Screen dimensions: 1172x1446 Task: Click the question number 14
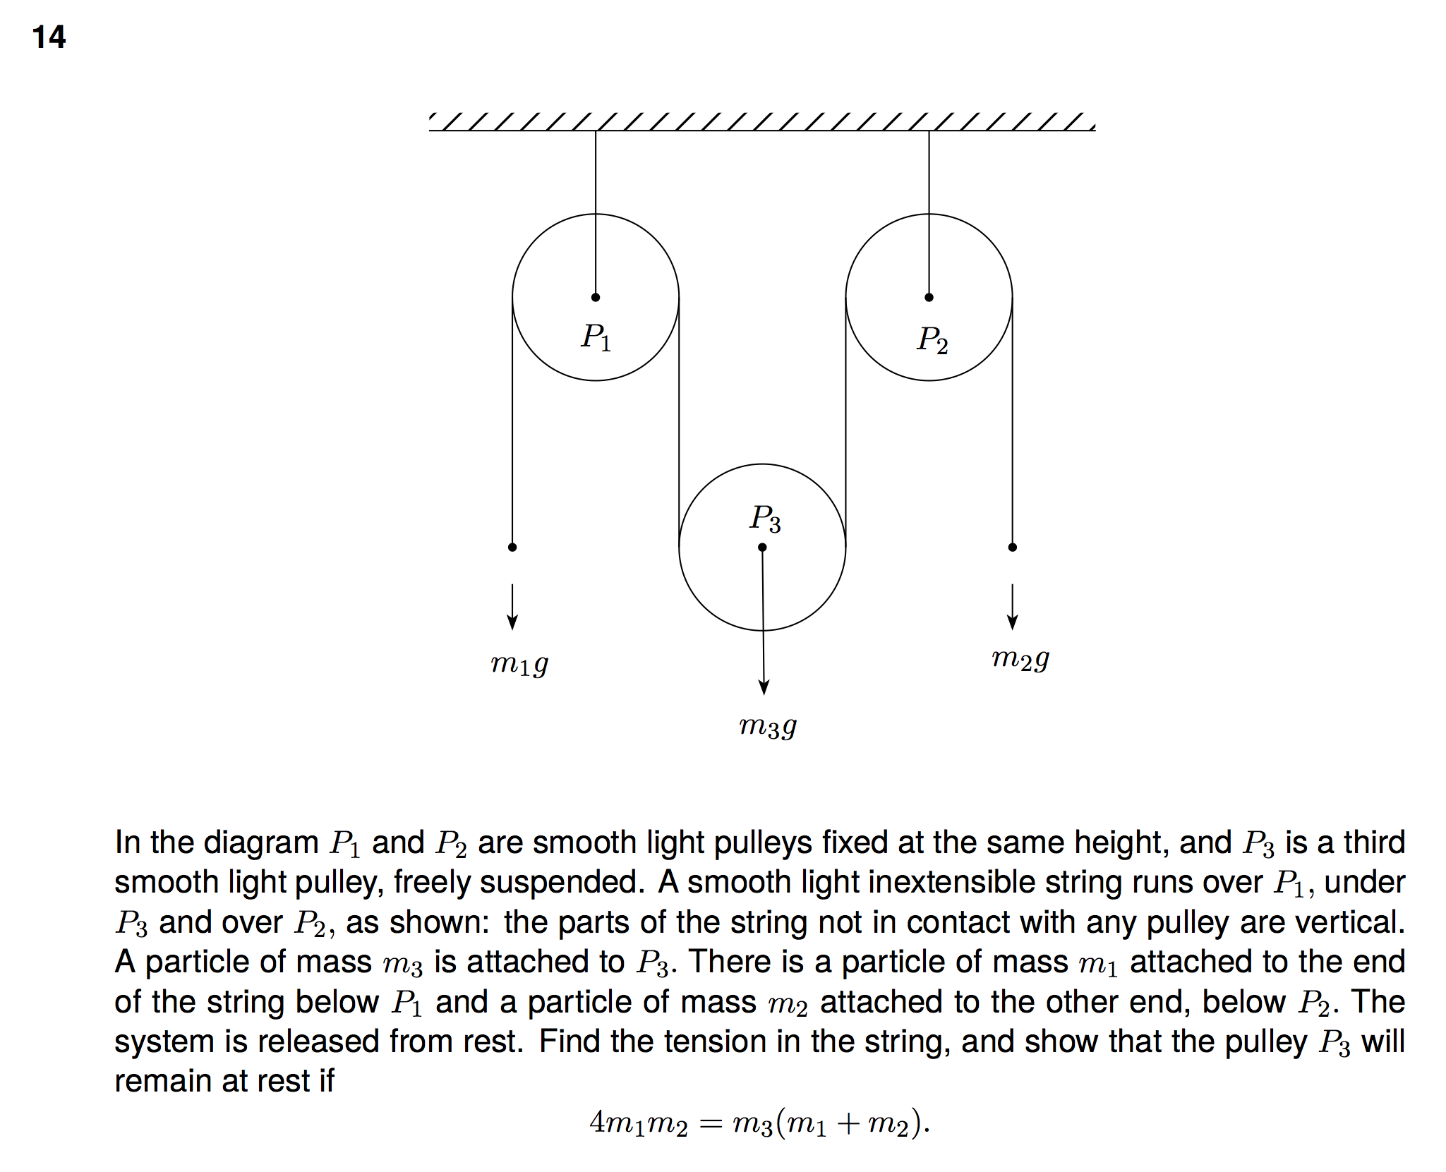pyautogui.click(x=49, y=37)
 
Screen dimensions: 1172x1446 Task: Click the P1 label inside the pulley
pyautogui.click(x=596, y=337)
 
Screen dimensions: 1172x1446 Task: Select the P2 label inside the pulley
pyautogui.click(x=932, y=340)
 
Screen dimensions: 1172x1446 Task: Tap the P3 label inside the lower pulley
pyautogui.click(x=765, y=519)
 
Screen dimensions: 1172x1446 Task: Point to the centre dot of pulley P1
pyautogui.click(x=596, y=297)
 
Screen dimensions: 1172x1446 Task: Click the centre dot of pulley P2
pyautogui.click(x=929, y=297)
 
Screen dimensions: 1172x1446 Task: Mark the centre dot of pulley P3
pyautogui.click(x=762, y=547)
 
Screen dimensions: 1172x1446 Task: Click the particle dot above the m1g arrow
pyautogui.click(x=512, y=547)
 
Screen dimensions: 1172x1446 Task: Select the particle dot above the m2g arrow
pyautogui.click(x=1012, y=547)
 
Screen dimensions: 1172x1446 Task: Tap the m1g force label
pyautogui.click(x=519, y=664)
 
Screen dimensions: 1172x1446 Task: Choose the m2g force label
pyautogui.click(x=1020, y=658)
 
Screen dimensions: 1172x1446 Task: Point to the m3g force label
pyautogui.click(x=768, y=725)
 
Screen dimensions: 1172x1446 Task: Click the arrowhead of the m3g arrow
pyautogui.click(x=764, y=687)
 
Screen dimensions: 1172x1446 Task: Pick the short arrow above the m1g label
pyautogui.click(x=512, y=606)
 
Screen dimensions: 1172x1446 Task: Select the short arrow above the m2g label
pyautogui.click(x=1012, y=606)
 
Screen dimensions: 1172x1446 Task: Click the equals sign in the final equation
pyautogui.click(x=710, y=1123)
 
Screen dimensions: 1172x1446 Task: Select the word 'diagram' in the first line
pyautogui.click(x=267, y=843)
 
